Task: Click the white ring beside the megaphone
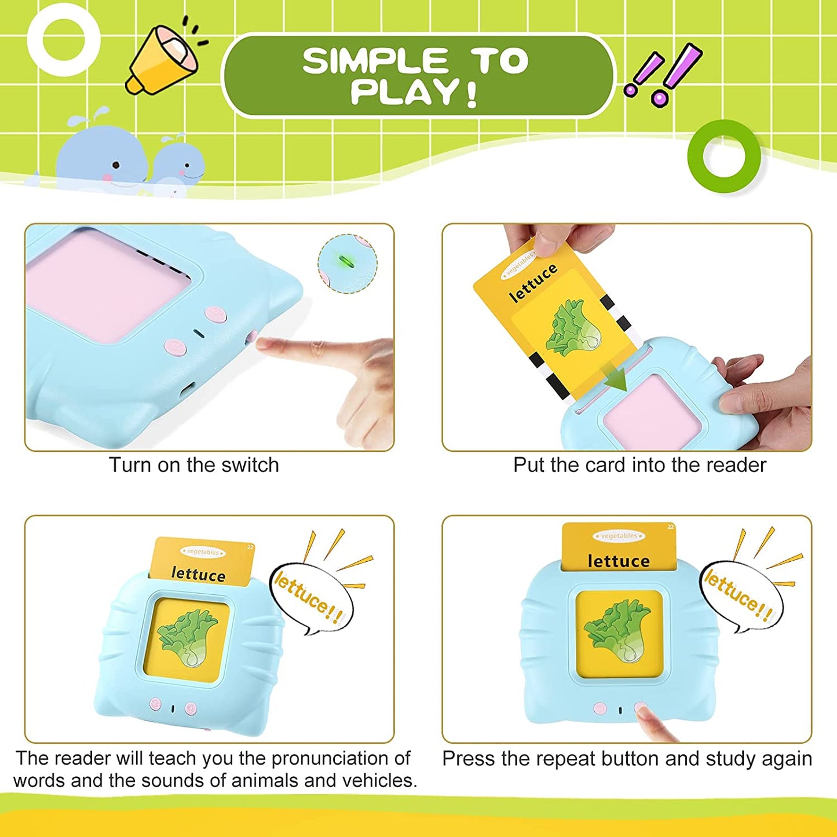coord(63,41)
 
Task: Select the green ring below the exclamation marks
coord(724,156)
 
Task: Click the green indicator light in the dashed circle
coord(346,261)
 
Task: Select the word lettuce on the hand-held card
coord(533,283)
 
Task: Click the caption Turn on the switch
coord(194,465)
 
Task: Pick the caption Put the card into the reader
coord(639,465)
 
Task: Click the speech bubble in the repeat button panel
coord(741,597)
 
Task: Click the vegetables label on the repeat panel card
coord(619,536)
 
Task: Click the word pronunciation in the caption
coord(341,758)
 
